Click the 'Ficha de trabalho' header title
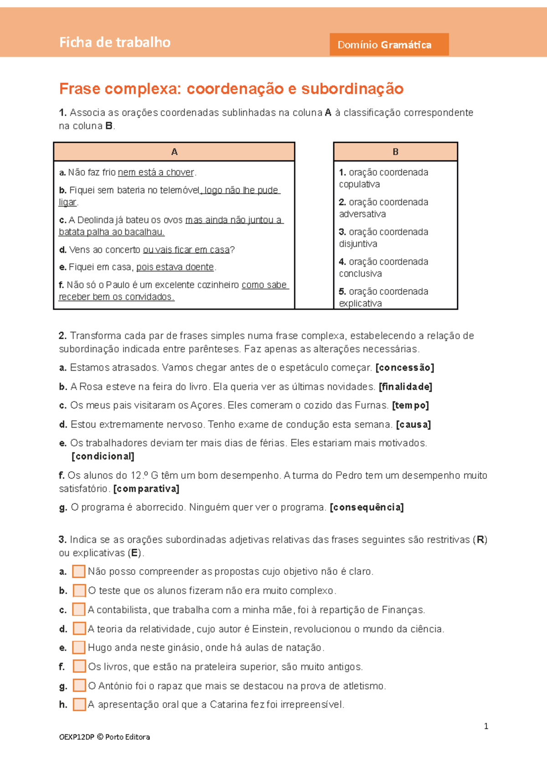(115, 42)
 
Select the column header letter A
(174, 152)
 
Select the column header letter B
(395, 152)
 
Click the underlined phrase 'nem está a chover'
(156, 173)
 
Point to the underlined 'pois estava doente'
(175, 267)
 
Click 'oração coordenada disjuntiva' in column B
(383, 238)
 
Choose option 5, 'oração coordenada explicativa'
(383, 297)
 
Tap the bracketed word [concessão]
(404, 368)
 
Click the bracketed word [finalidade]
(405, 387)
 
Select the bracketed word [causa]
(413, 425)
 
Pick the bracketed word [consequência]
(366, 508)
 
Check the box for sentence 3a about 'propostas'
(79, 572)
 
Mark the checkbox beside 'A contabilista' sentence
(79, 609)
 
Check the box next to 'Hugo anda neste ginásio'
(79, 647)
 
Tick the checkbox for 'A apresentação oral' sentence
(79, 704)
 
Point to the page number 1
(486, 726)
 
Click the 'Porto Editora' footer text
(127, 737)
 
